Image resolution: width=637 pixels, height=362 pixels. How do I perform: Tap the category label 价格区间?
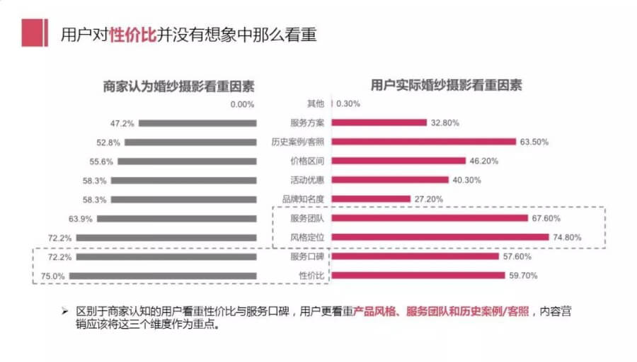[306, 161]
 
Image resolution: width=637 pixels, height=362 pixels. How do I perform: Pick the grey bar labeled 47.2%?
[197, 123]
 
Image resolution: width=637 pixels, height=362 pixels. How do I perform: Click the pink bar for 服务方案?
[379, 123]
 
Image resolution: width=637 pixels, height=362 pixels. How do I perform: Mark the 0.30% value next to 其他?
[348, 103]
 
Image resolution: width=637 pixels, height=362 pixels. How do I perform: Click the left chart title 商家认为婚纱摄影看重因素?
[178, 85]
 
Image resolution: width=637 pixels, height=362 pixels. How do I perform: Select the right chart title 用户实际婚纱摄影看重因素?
[446, 85]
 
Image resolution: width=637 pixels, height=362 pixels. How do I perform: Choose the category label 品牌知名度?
[306, 199]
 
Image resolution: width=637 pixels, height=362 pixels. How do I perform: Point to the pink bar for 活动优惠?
[390, 180]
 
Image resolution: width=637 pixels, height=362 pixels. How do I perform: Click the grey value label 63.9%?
[81, 219]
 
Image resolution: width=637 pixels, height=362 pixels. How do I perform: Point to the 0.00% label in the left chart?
[242, 104]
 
